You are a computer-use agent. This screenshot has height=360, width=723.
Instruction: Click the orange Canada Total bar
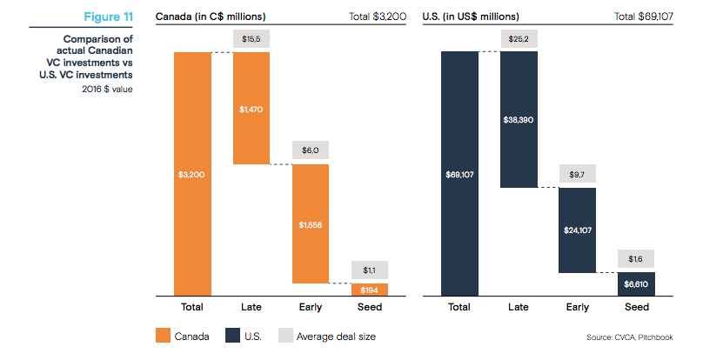click(x=192, y=174)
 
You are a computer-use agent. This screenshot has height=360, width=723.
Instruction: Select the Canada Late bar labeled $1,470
click(x=251, y=108)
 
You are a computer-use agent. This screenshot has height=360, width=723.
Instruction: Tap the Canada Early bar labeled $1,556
click(x=311, y=223)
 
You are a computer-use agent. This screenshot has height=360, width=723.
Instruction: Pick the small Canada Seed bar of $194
click(x=370, y=290)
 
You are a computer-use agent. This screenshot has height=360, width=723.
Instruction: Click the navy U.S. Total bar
click(x=459, y=174)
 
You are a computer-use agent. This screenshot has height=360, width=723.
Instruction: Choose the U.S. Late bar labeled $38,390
click(x=519, y=119)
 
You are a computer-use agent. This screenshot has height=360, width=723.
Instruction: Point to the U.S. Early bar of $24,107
click(x=578, y=230)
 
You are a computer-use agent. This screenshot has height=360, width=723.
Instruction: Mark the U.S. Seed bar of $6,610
click(x=637, y=284)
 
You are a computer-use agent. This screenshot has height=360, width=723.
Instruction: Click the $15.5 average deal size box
click(x=251, y=40)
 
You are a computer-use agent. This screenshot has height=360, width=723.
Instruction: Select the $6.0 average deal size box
click(x=311, y=150)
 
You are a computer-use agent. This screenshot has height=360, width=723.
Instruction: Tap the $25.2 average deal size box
click(x=519, y=40)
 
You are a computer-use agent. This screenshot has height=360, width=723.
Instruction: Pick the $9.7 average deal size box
click(x=578, y=175)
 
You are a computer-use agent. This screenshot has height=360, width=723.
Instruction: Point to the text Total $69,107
click(x=644, y=17)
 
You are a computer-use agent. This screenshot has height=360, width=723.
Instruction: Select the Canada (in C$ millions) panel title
click(x=211, y=17)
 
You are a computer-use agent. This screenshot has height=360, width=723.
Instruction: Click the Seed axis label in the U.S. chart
click(x=637, y=308)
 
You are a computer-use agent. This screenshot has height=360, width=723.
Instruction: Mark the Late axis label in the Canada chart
click(x=251, y=308)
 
